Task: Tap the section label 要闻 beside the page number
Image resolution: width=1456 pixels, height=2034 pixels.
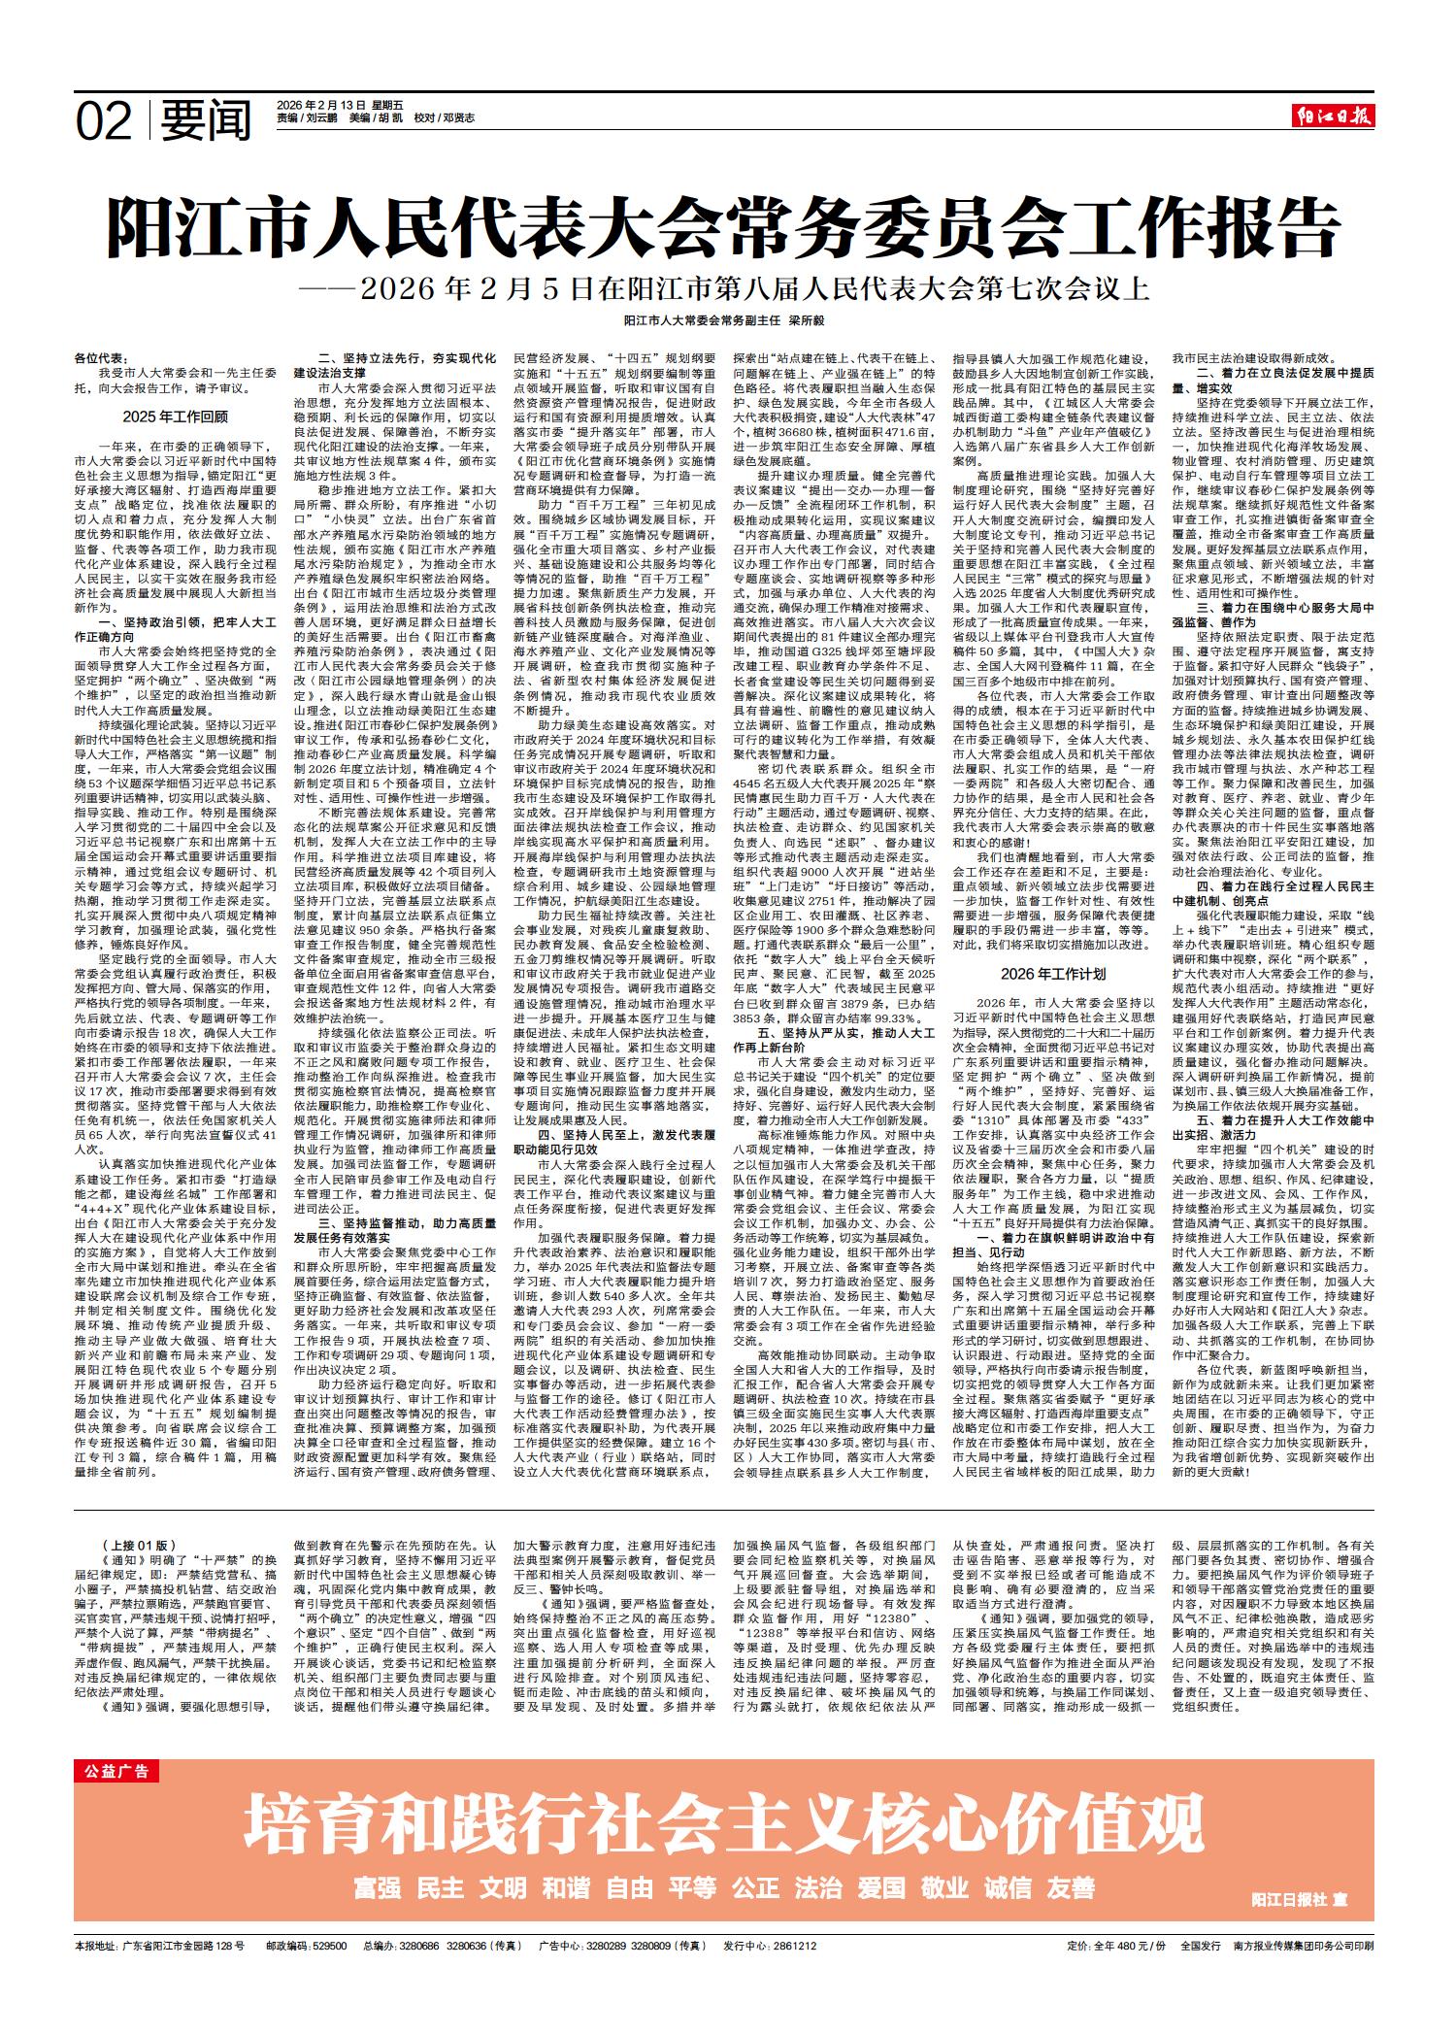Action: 206,119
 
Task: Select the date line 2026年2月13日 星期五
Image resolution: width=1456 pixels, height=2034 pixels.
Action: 326,104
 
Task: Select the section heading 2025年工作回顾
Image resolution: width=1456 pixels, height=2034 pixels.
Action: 176,417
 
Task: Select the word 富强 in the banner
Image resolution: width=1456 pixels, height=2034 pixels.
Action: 379,1886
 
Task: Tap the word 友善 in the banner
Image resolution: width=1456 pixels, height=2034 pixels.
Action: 1071,1886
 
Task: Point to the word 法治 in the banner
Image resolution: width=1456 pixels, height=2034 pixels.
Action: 818,1886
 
